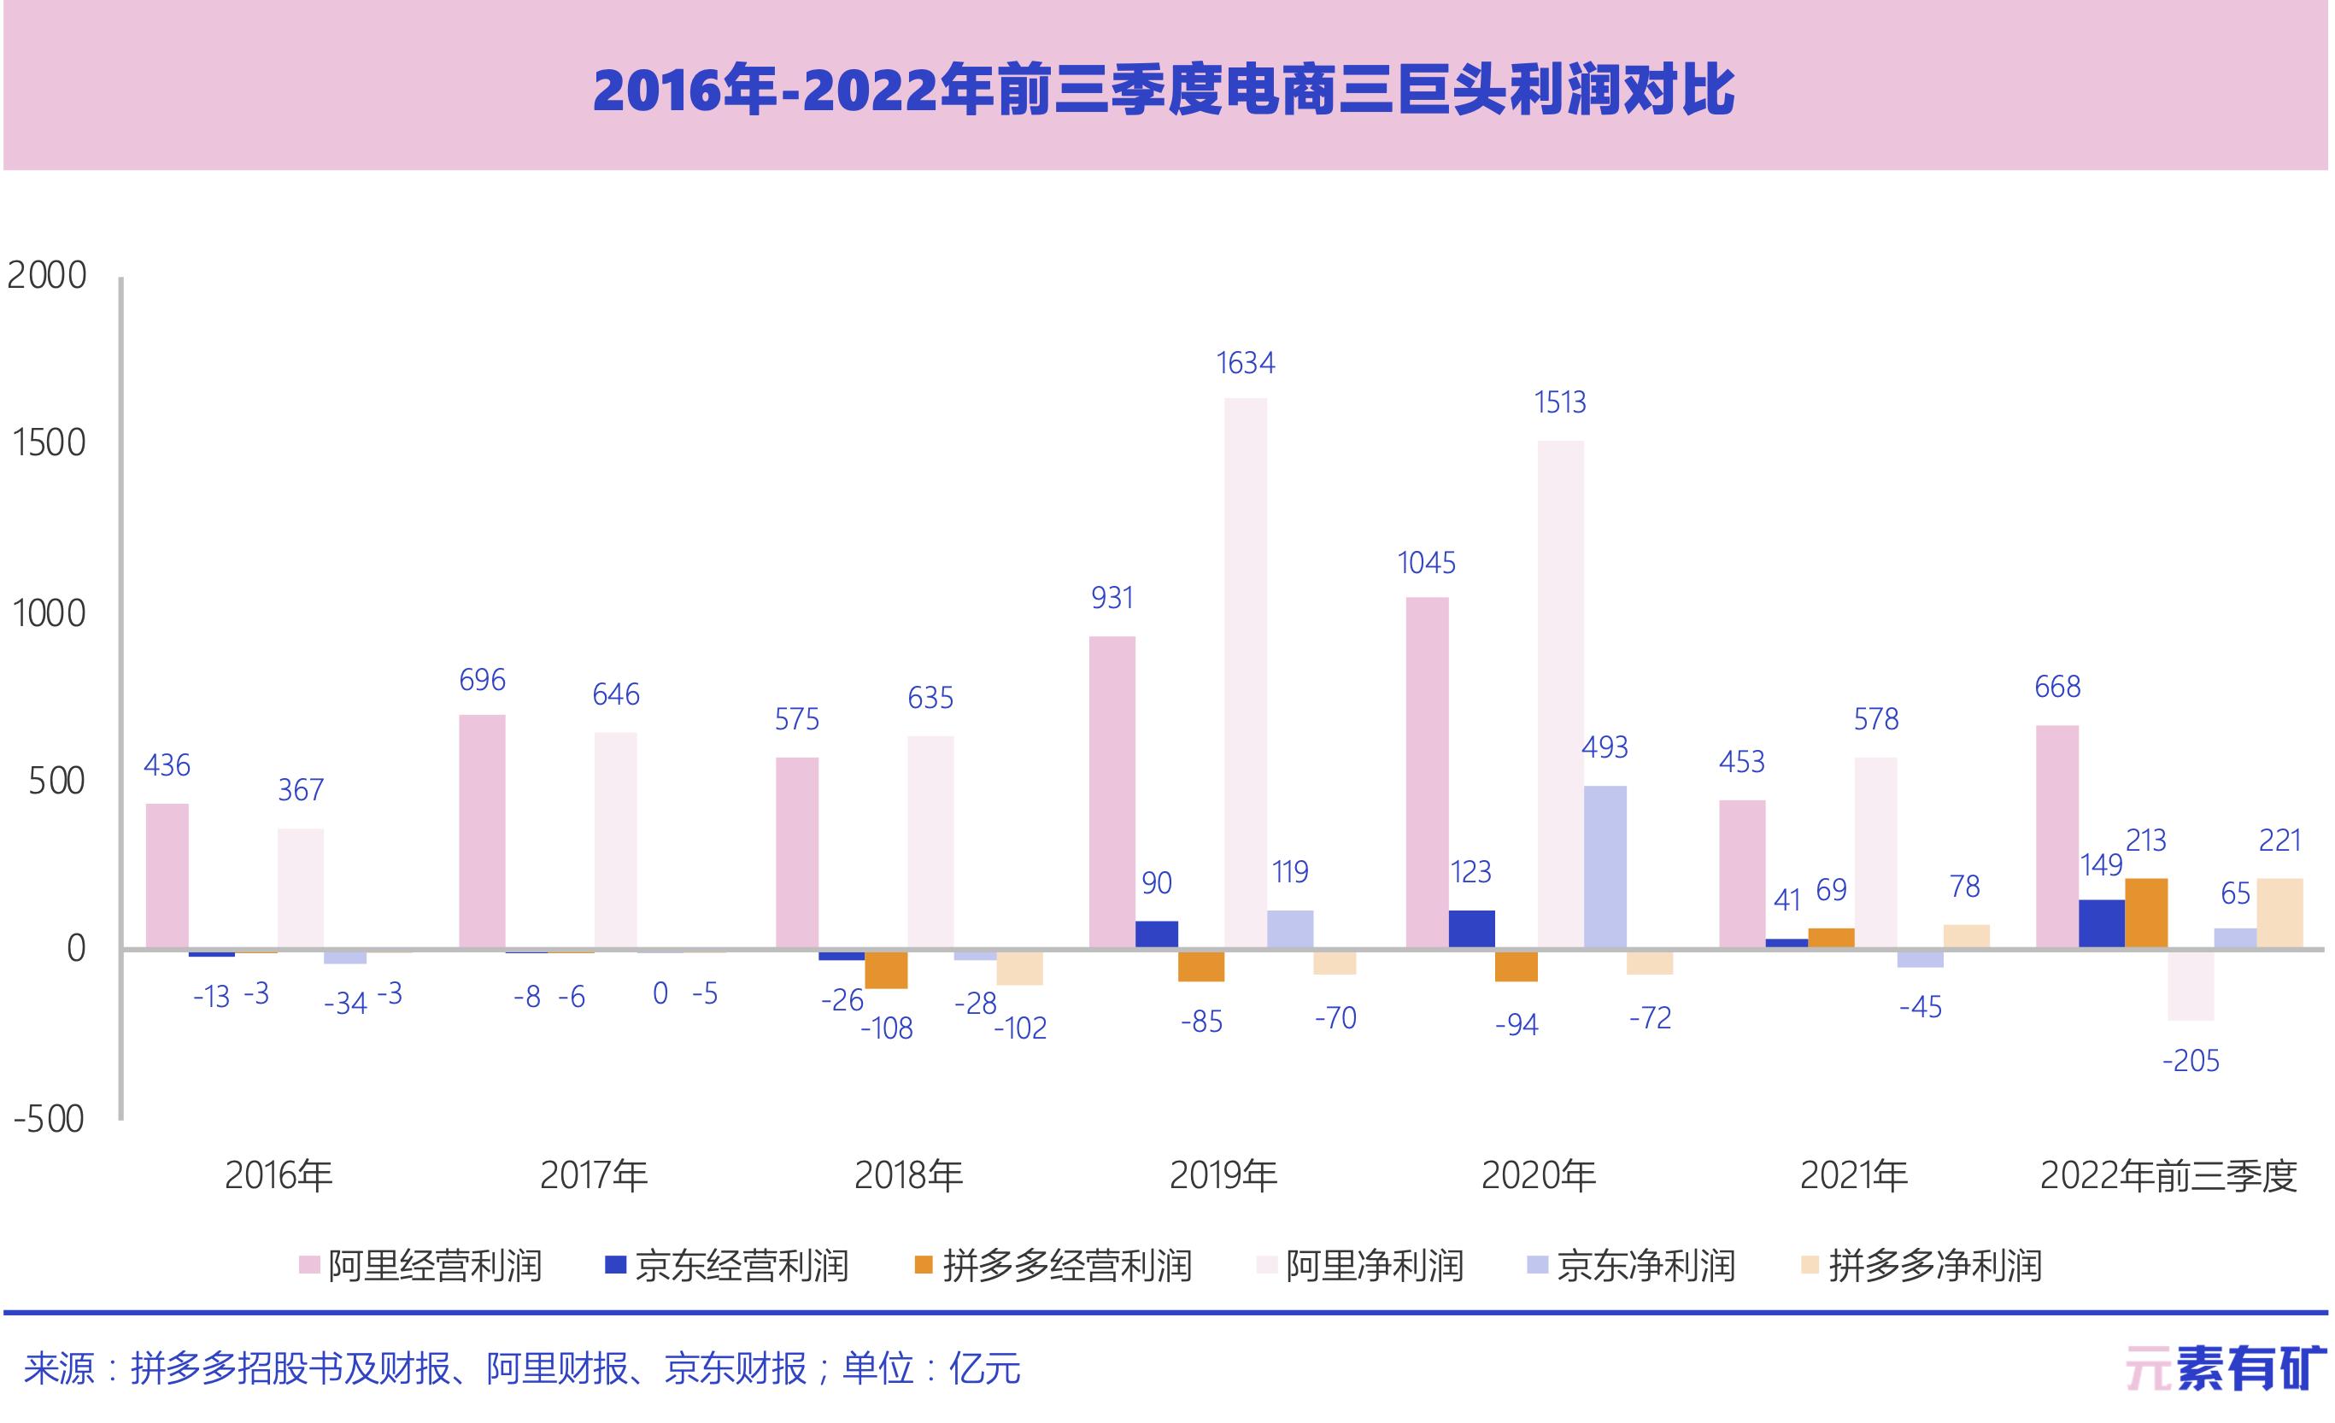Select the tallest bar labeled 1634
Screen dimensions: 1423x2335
point(1245,673)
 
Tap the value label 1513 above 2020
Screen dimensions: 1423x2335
point(1560,402)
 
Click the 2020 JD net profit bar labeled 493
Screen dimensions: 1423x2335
point(1605,867)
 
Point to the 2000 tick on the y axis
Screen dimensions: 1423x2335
point(46,276)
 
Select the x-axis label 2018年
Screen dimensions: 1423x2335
point(908,1176)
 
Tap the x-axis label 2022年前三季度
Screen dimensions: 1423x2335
point(2168,1176)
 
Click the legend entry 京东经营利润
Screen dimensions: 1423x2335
point(727,1266)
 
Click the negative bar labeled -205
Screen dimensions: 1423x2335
point(2191,986)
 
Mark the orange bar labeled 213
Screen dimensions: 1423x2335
point(2146,913)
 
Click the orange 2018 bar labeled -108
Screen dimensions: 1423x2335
point(886,969)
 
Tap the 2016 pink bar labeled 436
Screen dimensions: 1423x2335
point(167,876)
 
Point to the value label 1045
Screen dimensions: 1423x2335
point(1426,564)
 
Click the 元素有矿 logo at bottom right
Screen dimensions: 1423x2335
point(2224,1368)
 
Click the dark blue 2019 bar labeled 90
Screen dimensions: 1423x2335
point(1156,934)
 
